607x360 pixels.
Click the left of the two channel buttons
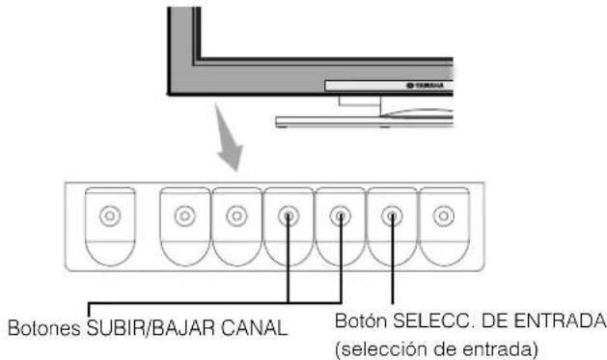[x=289, y=215]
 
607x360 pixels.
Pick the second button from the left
[x=184, y=215]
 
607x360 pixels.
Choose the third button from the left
[x=236, y=215]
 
